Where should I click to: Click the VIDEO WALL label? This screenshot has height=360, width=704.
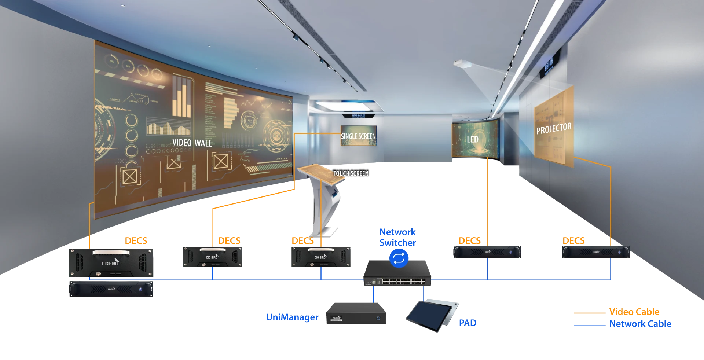(192, 143)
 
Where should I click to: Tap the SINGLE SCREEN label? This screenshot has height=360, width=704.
(358, 136)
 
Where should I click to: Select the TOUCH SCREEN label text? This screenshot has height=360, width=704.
(351, 173)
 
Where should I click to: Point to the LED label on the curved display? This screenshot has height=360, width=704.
(472, 139)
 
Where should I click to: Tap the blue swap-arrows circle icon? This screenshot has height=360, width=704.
(399, 258)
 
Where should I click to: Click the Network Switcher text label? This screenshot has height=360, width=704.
(397, 237)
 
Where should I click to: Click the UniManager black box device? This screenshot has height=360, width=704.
(356, 314)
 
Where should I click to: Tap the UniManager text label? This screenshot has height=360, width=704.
(292, 317)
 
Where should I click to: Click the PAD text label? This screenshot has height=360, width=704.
(467, 323)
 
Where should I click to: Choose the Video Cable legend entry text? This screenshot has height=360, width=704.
(634, 312)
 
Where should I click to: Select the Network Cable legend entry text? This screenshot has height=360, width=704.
(640, 324)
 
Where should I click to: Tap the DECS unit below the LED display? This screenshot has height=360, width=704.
(487, 252)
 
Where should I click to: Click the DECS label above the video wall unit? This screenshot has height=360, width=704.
(136, 240)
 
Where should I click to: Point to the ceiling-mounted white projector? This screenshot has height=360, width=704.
(462, 65)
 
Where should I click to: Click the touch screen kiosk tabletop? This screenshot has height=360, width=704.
(321, 173)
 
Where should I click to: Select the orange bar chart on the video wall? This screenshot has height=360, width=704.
(181, 97)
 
